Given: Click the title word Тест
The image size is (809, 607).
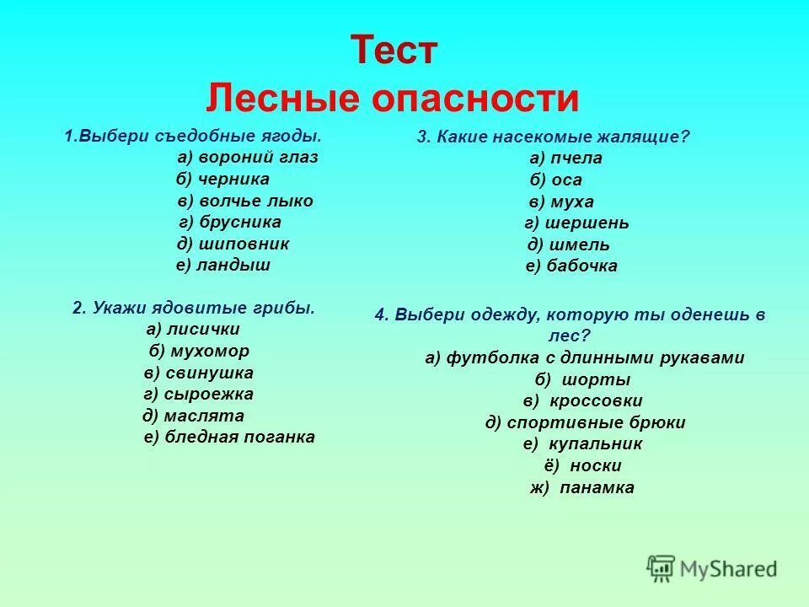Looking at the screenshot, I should coord(394,51).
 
